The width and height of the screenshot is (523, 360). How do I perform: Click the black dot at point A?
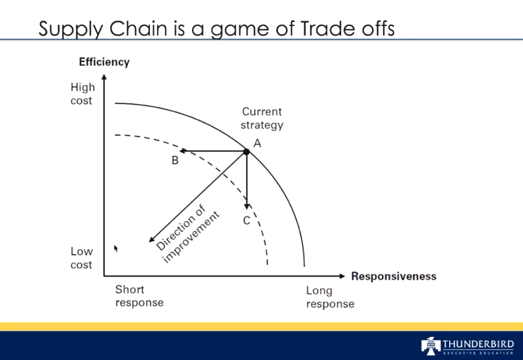[x=246, y=152]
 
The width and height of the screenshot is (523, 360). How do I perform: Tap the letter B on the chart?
[x=175, y=160]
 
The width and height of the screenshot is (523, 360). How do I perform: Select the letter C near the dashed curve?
[x=247, y=220]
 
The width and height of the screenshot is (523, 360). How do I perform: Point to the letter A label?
[x=257, y=144]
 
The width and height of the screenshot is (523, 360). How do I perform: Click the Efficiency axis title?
[x=104, y=62]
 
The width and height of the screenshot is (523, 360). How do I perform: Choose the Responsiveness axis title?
[x=394, y=276]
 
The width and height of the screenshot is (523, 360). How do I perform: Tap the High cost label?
[x=82, y=94]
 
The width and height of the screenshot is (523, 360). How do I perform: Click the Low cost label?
[x=81, y=258]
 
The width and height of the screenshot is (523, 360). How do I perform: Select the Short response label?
[x=139, y=296]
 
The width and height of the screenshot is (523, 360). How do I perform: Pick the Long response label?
[x=330, y=297]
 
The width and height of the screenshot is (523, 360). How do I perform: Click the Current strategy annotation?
[x=262, y=118]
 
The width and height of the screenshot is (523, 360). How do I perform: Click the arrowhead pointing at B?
[x=183, y=151]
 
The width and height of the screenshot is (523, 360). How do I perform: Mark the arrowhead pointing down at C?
[x=247, y=206]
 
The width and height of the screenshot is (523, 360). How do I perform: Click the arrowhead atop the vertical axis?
[x=104, y=77]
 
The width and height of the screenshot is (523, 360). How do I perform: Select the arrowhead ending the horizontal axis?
[x=342, y=276]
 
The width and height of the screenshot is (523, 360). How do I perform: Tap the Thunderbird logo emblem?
[x=431, y=346]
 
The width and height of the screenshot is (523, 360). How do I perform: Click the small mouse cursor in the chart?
[x=116, y=249]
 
